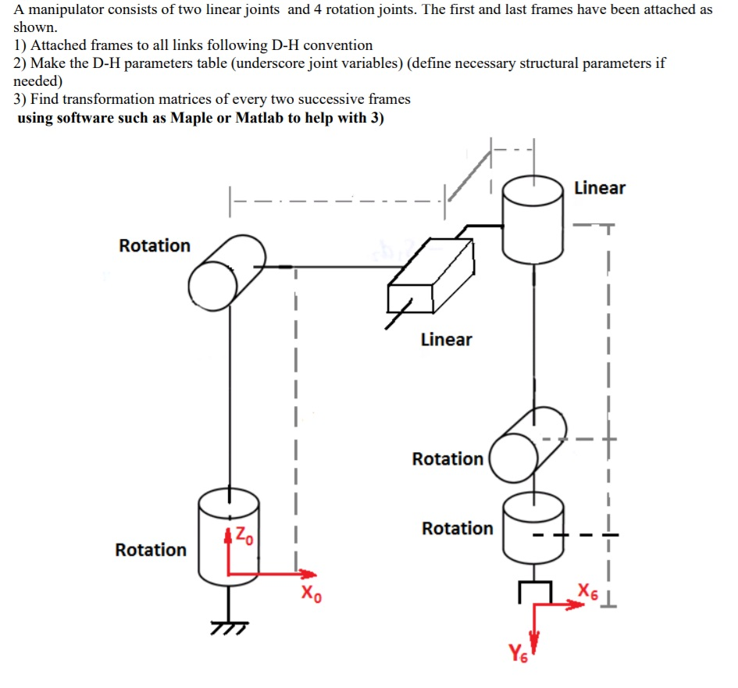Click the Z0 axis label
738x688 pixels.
point(244,536)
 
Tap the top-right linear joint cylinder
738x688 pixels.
point(534,219)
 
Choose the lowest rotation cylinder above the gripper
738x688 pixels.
point(533,529)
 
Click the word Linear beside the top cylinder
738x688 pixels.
point(599,188)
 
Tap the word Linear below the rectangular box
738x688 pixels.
point(446,340)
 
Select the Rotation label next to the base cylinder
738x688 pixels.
point(151,550)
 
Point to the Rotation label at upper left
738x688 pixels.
point(154,246)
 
